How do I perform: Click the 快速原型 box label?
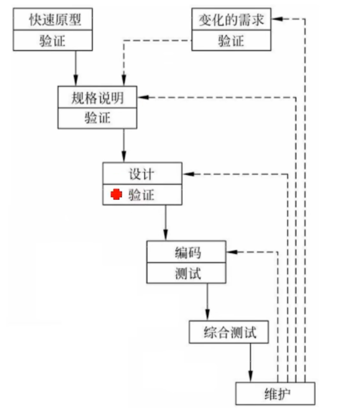point(53,20)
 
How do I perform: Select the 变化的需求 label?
point(231,20)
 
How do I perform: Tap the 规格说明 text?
point(97,98)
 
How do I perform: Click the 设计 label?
point(141,174)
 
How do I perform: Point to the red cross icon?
point(116,195)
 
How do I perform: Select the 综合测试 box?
point(229,332)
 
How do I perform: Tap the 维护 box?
point(275,393)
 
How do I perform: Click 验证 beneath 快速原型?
point(53,41)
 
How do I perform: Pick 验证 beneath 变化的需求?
point(231,41)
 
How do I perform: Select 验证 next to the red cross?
point(141,195)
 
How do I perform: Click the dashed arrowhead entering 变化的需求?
point(276,20)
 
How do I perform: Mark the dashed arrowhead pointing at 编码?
point(231,252)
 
